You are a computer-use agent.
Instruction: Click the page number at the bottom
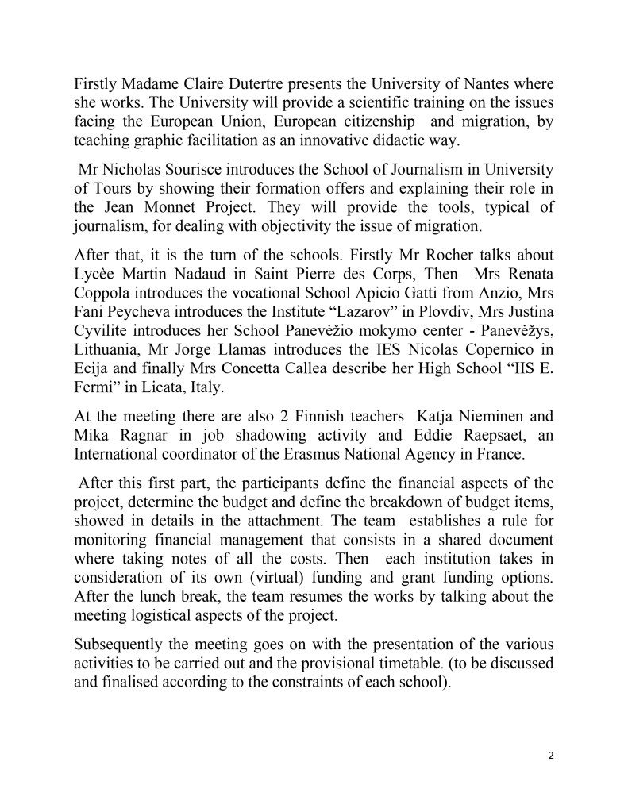[x=551, y=755]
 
